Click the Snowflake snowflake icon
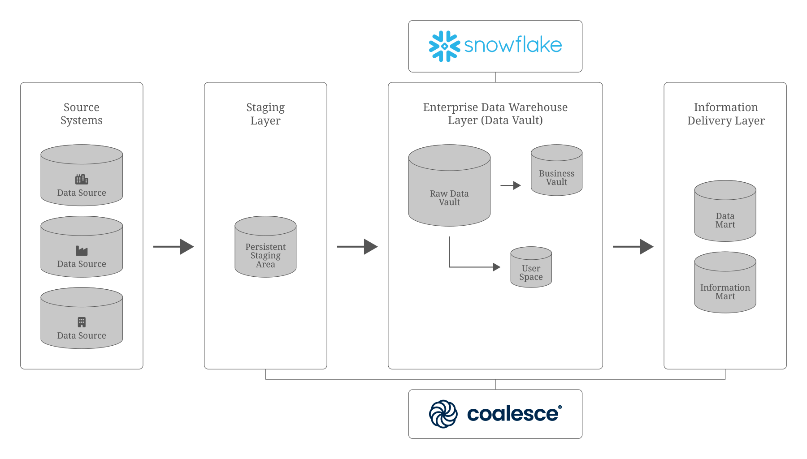click(444, 46)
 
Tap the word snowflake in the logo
click(513, 45)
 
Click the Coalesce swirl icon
click(443, 414)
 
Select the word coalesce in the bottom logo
click(513, 414)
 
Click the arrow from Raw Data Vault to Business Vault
click(510, 185)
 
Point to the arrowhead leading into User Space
click(496, 267)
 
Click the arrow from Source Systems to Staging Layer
click(173, 246)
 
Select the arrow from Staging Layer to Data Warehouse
click(357, 246)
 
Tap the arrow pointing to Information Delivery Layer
click(633, 246)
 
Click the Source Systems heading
click(82, 114)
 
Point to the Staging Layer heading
click(265, 114)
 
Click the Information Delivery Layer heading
click(725, 114)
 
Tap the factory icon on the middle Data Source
click(82, 251)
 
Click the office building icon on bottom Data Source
click(82, 322)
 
